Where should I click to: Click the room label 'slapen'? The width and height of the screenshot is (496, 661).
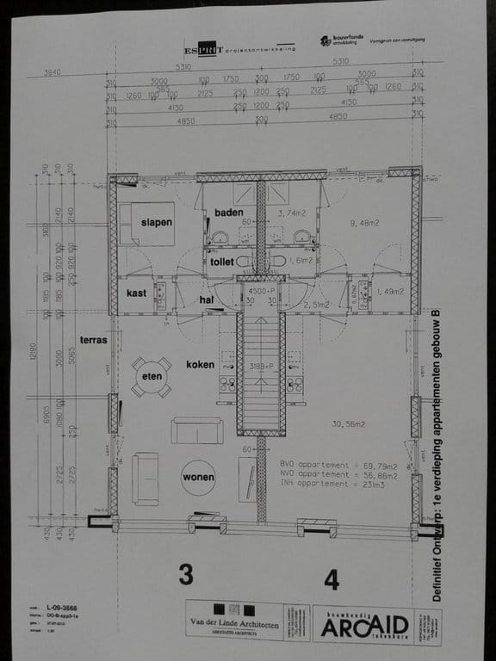point(157,222)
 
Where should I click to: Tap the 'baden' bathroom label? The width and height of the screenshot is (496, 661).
point(229,213)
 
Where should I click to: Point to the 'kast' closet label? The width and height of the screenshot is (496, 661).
point(136,293)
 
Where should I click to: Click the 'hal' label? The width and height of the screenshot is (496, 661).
point(206,300)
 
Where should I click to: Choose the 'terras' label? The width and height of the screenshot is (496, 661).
point(92,340)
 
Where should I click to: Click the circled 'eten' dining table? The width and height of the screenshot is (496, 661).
point(152,377)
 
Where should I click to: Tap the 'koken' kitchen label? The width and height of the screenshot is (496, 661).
point(200,365)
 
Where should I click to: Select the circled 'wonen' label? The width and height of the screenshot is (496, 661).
point(198,477)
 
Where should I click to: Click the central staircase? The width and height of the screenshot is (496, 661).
point(261,370)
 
